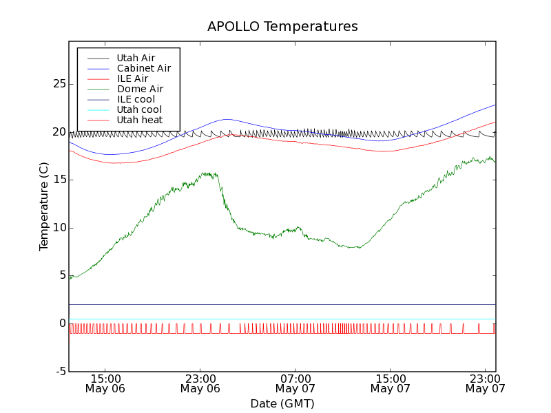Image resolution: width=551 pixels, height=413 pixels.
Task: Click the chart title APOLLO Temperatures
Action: tap(282, 27)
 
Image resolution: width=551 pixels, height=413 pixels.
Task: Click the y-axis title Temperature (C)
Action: tap(44, 206)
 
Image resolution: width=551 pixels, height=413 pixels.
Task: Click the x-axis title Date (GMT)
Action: tap(282, 403)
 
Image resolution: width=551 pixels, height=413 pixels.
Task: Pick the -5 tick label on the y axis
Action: tap(60, 372)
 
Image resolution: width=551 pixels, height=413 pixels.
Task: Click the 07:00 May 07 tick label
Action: tap(295, 383)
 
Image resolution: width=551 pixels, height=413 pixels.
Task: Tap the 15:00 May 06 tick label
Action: tap(105, 383)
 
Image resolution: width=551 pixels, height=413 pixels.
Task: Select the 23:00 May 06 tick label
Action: tap(200, 383)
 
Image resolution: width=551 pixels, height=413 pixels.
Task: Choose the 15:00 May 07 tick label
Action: tap(390, 383)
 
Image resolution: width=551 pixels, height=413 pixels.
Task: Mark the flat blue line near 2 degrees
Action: tap(275, 304)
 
